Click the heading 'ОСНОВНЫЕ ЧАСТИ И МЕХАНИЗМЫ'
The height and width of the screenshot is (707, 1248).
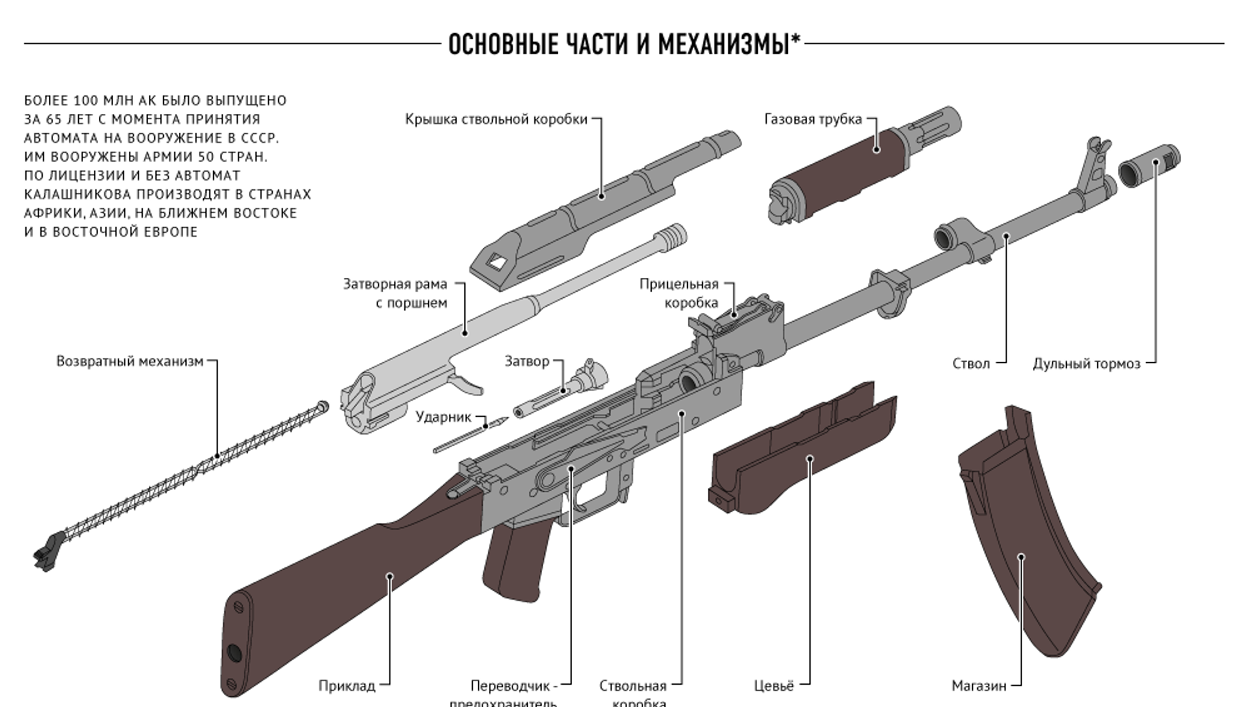[619, 45]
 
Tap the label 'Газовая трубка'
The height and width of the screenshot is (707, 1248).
[813, 119]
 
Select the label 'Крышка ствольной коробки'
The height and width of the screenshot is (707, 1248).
[496, 119]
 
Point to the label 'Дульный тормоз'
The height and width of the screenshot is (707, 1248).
[1086, 364]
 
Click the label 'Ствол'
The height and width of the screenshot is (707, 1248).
[971, 364]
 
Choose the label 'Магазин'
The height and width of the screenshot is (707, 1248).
[978, 686]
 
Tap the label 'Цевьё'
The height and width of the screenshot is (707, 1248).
[773, 686]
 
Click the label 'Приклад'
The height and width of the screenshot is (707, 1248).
[346, 686]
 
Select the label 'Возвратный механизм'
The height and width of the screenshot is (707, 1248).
[129, 362]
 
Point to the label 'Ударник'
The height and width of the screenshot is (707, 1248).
[443, 417]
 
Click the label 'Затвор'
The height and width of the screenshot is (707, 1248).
[527, 362]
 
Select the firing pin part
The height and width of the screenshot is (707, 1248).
[470, 435]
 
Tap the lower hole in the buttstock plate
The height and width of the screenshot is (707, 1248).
[234, 653]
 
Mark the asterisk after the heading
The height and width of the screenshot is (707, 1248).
[796, 40]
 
